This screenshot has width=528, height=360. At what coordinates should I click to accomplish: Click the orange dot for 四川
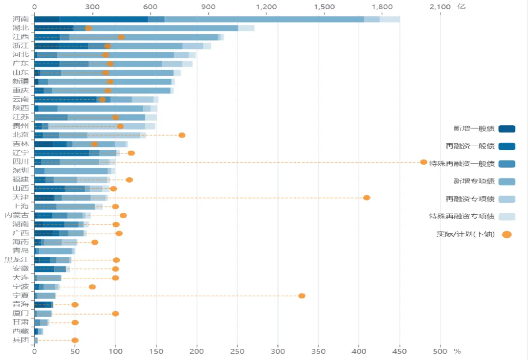[x=424, y=162]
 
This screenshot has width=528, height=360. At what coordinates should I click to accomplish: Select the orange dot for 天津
[x=367, y=198]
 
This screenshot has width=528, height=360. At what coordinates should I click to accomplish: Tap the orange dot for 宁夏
[x=302, y=296]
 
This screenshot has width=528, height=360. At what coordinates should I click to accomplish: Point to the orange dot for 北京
[x=182, y=135]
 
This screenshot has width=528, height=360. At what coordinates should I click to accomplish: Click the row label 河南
[x=21, y=19]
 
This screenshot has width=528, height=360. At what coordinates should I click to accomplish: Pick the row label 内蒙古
[x=17, y=215]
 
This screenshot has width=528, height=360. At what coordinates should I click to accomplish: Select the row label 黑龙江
[x=17, y=260]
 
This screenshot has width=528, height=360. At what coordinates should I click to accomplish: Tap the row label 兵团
[x=21, y=340]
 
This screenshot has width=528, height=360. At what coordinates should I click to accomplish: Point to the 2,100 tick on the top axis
[x=440, y=7]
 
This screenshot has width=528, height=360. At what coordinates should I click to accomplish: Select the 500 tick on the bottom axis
[x=440, y=351]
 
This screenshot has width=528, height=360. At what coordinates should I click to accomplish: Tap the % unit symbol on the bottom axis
[x=457, y=351]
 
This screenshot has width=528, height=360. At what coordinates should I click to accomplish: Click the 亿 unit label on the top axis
[x=462, y=6]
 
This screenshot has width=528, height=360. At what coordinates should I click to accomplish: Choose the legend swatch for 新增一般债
[x=507, y=129]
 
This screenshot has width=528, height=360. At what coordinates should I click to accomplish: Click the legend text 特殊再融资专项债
[x=462, y=216]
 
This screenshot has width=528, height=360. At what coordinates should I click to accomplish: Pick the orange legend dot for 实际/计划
[x=507, y=234]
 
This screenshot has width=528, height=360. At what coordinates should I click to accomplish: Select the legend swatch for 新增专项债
[x=507, y=181]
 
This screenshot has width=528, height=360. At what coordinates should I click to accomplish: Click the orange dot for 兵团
[x=75, y=340]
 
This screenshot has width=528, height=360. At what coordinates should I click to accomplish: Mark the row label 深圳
[x=21, y=171]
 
